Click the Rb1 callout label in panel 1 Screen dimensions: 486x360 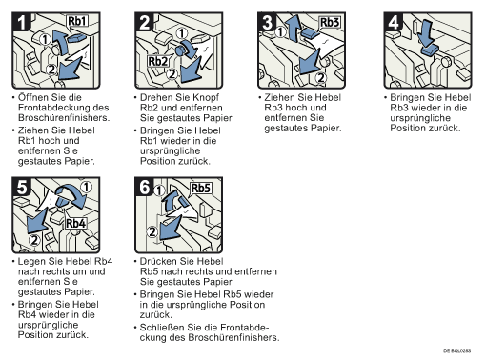(77, 21)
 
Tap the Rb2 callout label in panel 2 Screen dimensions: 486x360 (158, 61)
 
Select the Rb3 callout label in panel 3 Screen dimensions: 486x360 (330, 23)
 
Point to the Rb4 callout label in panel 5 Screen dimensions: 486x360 (76, 223)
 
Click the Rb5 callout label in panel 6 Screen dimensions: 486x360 (201, 189)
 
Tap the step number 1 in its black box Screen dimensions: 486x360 (22, 22)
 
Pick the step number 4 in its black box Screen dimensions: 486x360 (394, 22)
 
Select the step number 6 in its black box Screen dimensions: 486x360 (145, 187)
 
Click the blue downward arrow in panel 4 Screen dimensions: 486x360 (425, 33)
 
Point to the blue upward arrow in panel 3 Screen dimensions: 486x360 (293, 28)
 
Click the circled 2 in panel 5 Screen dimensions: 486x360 (34, 240)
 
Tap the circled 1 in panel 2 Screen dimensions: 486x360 (182, 33)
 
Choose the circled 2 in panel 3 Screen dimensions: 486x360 (321, 77)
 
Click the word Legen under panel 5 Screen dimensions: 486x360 (30, 262)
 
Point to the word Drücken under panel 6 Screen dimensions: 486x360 (159, 261)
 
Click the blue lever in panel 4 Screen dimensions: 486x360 (430, 50)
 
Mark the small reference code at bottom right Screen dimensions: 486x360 (457, 350)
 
